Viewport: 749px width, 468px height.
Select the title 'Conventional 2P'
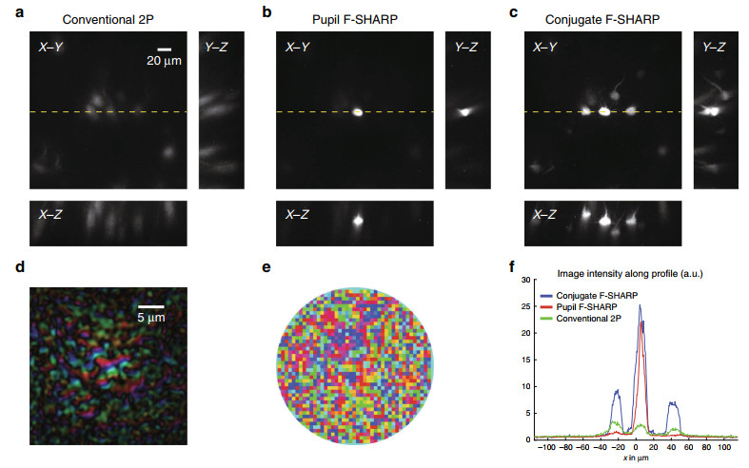pyautogui.click(x=101, y=17)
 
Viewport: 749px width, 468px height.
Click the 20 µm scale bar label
pyautogui.click(x=165, y=62)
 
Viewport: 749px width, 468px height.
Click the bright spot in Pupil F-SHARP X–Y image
pyautogui.click(x=358, y=111)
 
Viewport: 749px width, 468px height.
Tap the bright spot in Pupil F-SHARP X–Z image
pyautogui.click(x=358, y=222)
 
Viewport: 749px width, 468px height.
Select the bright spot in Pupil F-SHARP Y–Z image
pyautogui.click(x=465, y=111)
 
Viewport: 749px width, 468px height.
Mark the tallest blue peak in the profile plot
pyautogui.click(x=640, y=305)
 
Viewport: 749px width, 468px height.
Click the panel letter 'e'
pyautogui.click(x=267, y=268)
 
